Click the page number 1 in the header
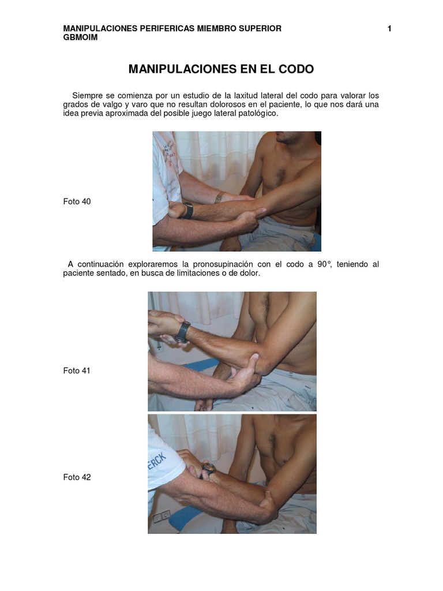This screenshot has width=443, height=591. click(389, 29)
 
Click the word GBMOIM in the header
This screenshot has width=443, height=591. click(80, 38)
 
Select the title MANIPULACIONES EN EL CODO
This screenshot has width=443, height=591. click(221, 69)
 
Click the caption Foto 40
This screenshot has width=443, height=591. click(77, 201)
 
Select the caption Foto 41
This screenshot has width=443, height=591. click(77, 371)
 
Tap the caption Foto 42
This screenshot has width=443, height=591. click(77, 477)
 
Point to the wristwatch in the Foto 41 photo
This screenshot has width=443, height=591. click(182, 332)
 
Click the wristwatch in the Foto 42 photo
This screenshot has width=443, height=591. click(208, 469)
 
